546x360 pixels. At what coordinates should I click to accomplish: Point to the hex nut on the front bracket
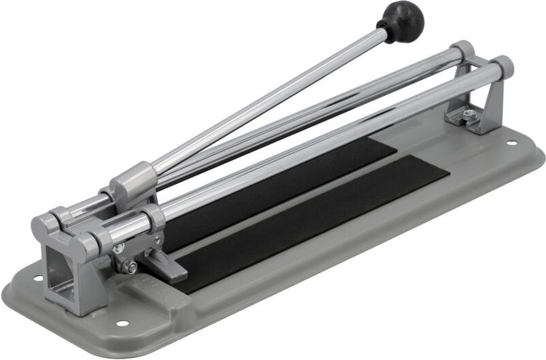[x=131, y=268]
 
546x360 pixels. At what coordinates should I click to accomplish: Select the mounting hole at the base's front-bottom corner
[x=122, y=323]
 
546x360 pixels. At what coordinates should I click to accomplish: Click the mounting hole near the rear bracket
[x=510, y=143]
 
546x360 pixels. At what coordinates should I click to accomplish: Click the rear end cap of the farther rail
[x=463, y=51]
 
